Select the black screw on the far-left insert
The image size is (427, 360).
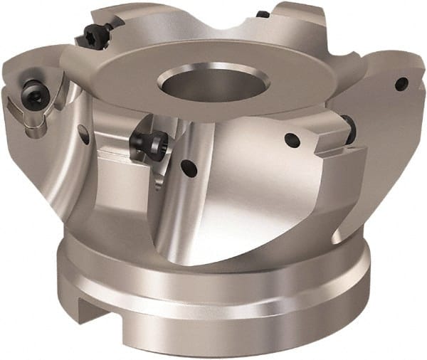click(32, 91)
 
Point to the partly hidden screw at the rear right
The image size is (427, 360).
click(263, 14)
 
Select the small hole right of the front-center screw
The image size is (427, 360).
click(189, 168)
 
